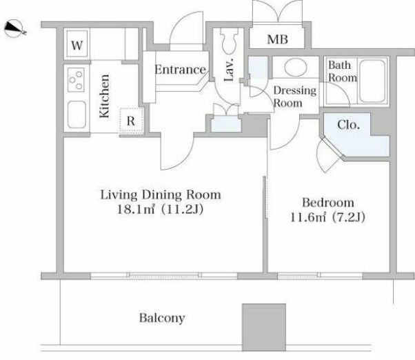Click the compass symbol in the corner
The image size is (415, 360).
[14, 28]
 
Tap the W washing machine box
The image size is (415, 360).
[77, 44]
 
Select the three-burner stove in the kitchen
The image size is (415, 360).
[76, 80]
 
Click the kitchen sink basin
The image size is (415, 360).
[77, 114]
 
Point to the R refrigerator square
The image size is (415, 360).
[131, 121]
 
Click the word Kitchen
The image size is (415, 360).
[104, 96]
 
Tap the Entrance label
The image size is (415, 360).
[180, 70]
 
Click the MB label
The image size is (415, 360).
[277, 39]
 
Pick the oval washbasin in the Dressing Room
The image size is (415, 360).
[296, 67]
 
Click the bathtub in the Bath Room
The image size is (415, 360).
[372, 81]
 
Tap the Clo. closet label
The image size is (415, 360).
[349, 124]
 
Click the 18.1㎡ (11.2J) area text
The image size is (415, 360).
[160, 210]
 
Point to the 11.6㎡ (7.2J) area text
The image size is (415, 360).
[327, 217]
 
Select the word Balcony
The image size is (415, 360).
[162, 318]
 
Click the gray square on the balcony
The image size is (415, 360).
[264, 327]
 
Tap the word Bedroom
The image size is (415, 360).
[328, 203]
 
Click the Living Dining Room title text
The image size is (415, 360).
[161, 194]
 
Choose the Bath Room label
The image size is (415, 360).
[342, 72]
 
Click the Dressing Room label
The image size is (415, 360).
[294, 97]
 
